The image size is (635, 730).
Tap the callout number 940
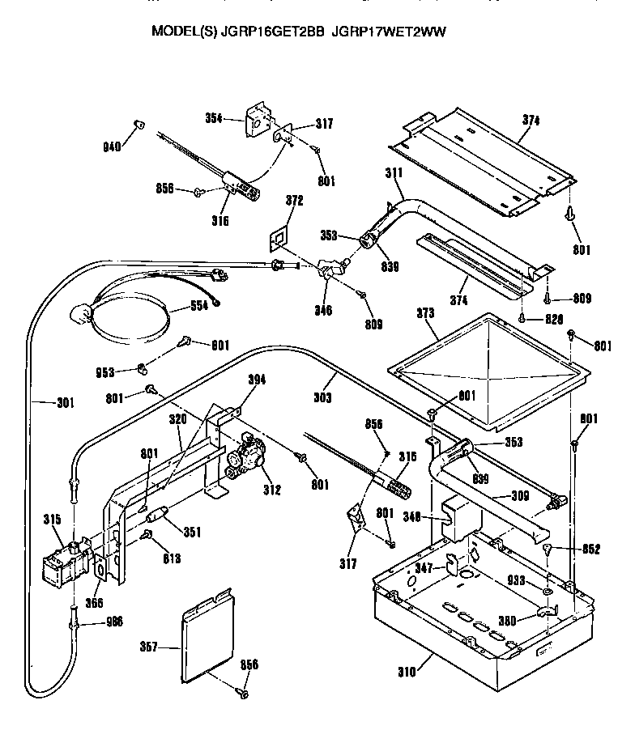pos(111,146)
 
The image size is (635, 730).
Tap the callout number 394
pos(257,380)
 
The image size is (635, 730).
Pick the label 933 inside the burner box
pos(517,581)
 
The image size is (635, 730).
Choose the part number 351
pos(192,532)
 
